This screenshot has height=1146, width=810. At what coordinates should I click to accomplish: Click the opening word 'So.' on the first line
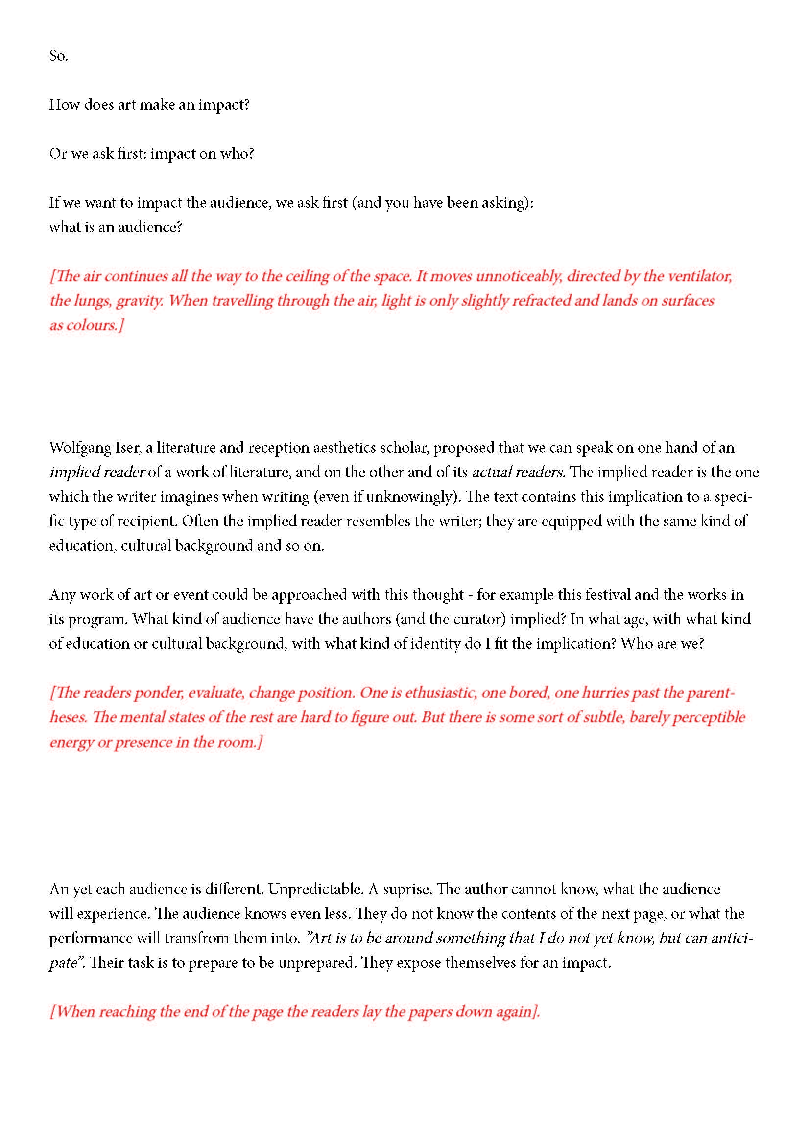tap(58, 56)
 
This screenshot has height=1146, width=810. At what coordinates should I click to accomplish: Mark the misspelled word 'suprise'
tap(405, 889)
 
